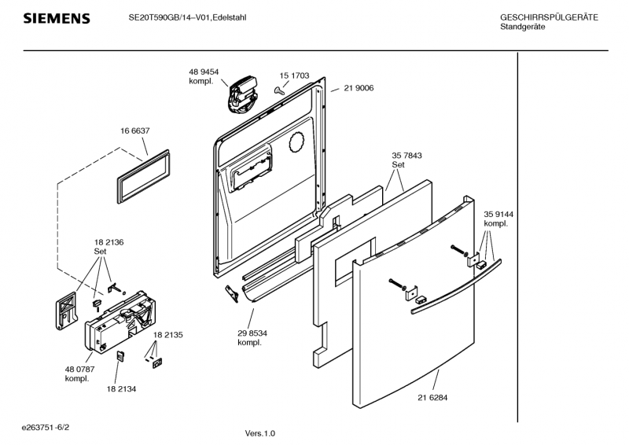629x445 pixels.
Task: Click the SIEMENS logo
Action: coord(57,18)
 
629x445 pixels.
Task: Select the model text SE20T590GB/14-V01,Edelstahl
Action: coord(188,17)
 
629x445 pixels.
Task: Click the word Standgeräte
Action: coord(523,27)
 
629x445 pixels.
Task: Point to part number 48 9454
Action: coord(203,72)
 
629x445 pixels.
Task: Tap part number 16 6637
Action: coord(134,131)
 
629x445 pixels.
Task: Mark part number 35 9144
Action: coord(499,214)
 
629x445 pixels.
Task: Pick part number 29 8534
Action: coord(252,333)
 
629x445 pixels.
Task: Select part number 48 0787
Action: coord(79,370)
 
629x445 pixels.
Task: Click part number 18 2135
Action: coord(168,335)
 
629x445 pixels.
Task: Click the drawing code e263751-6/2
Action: coord(50,427)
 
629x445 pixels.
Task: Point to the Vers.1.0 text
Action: coord(260,433)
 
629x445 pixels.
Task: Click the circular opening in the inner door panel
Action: coord(296,142)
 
